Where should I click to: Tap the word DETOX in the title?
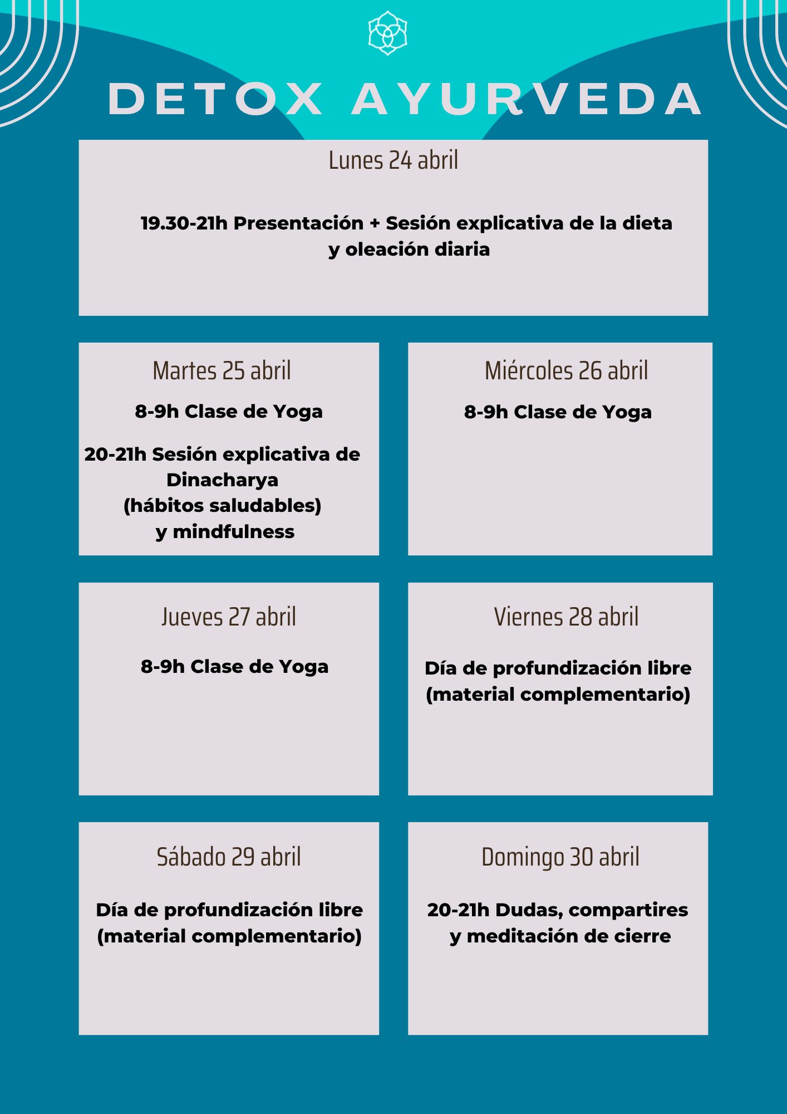click(x=216, y=99)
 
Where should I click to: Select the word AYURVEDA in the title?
click(x=526, y=99)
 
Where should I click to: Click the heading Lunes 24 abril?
click(x=393, y=160)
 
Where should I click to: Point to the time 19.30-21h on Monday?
click(x=184, y=223)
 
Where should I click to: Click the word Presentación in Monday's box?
click(x=298, y=223)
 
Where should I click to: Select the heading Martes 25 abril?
click(x=222, y=371)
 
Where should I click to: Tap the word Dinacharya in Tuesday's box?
click(x=222, y=480)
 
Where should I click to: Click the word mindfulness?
click(x=234, y=532)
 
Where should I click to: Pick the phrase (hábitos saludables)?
click(x=222, y=506)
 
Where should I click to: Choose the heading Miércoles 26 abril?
click(x=566, y=371)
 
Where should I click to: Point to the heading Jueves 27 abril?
click(x=228, y=617)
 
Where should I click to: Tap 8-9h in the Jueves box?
click(x=163, y=667)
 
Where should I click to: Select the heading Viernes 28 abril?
click(x=566, y=617)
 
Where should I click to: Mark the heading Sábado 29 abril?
click(x=228, y=857)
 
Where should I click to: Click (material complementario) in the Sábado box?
click(x=229, y=936)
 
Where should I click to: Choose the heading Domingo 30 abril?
click(x=560, y=857)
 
